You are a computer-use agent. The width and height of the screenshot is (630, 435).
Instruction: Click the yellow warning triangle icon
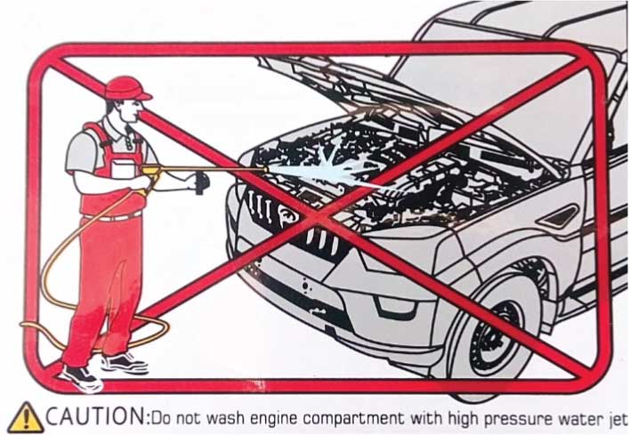pos(26,418)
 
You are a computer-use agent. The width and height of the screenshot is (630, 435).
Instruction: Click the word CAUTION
pos(95,416)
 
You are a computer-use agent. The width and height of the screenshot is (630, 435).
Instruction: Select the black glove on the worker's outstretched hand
pos(202,182)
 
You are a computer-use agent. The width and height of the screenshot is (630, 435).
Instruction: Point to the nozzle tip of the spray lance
pos(265,170)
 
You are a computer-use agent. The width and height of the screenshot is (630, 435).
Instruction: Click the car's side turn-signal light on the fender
pos(560,216)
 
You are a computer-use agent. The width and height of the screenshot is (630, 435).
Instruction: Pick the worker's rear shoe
pos(125,363)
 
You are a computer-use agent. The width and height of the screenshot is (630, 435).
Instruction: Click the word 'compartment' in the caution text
pos(352,419)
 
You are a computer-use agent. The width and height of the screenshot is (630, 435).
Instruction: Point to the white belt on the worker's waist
pos(112,217)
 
